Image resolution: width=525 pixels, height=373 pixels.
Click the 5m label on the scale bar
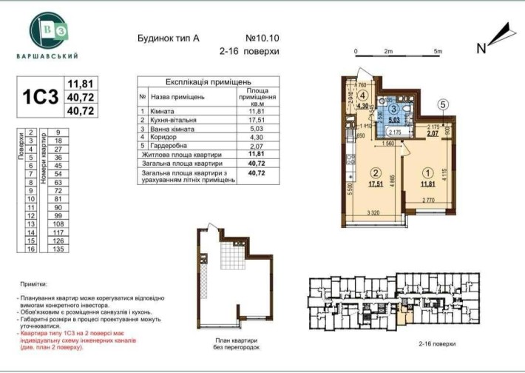click(437, 51)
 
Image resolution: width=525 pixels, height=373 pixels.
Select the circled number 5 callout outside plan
click(443, 104)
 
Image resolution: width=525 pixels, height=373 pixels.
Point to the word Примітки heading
click(33, 284)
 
